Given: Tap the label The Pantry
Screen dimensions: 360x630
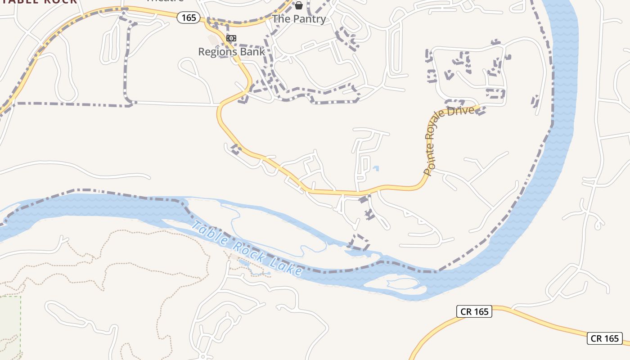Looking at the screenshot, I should (x=299, y=19).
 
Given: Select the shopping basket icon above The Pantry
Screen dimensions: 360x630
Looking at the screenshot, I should (x=298, y=5).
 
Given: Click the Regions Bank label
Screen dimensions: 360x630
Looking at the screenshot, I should (x=232, y=51).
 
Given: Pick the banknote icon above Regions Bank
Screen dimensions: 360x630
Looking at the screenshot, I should (x=231, y=38).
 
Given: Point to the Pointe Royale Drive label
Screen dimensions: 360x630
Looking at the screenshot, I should (x=448, y=135).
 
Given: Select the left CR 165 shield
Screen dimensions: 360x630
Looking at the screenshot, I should (x=474, y=311).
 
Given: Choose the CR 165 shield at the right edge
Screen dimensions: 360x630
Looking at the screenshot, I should (x=605, y=338).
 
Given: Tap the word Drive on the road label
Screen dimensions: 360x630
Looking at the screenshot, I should (x=464, y=111).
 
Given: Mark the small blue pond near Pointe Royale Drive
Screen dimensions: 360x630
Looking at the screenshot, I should (x=376, y=169).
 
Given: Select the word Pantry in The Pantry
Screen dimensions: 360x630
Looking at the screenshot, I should (x=309, y=19).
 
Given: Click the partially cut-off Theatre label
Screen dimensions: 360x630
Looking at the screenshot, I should (x=165, y=1).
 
